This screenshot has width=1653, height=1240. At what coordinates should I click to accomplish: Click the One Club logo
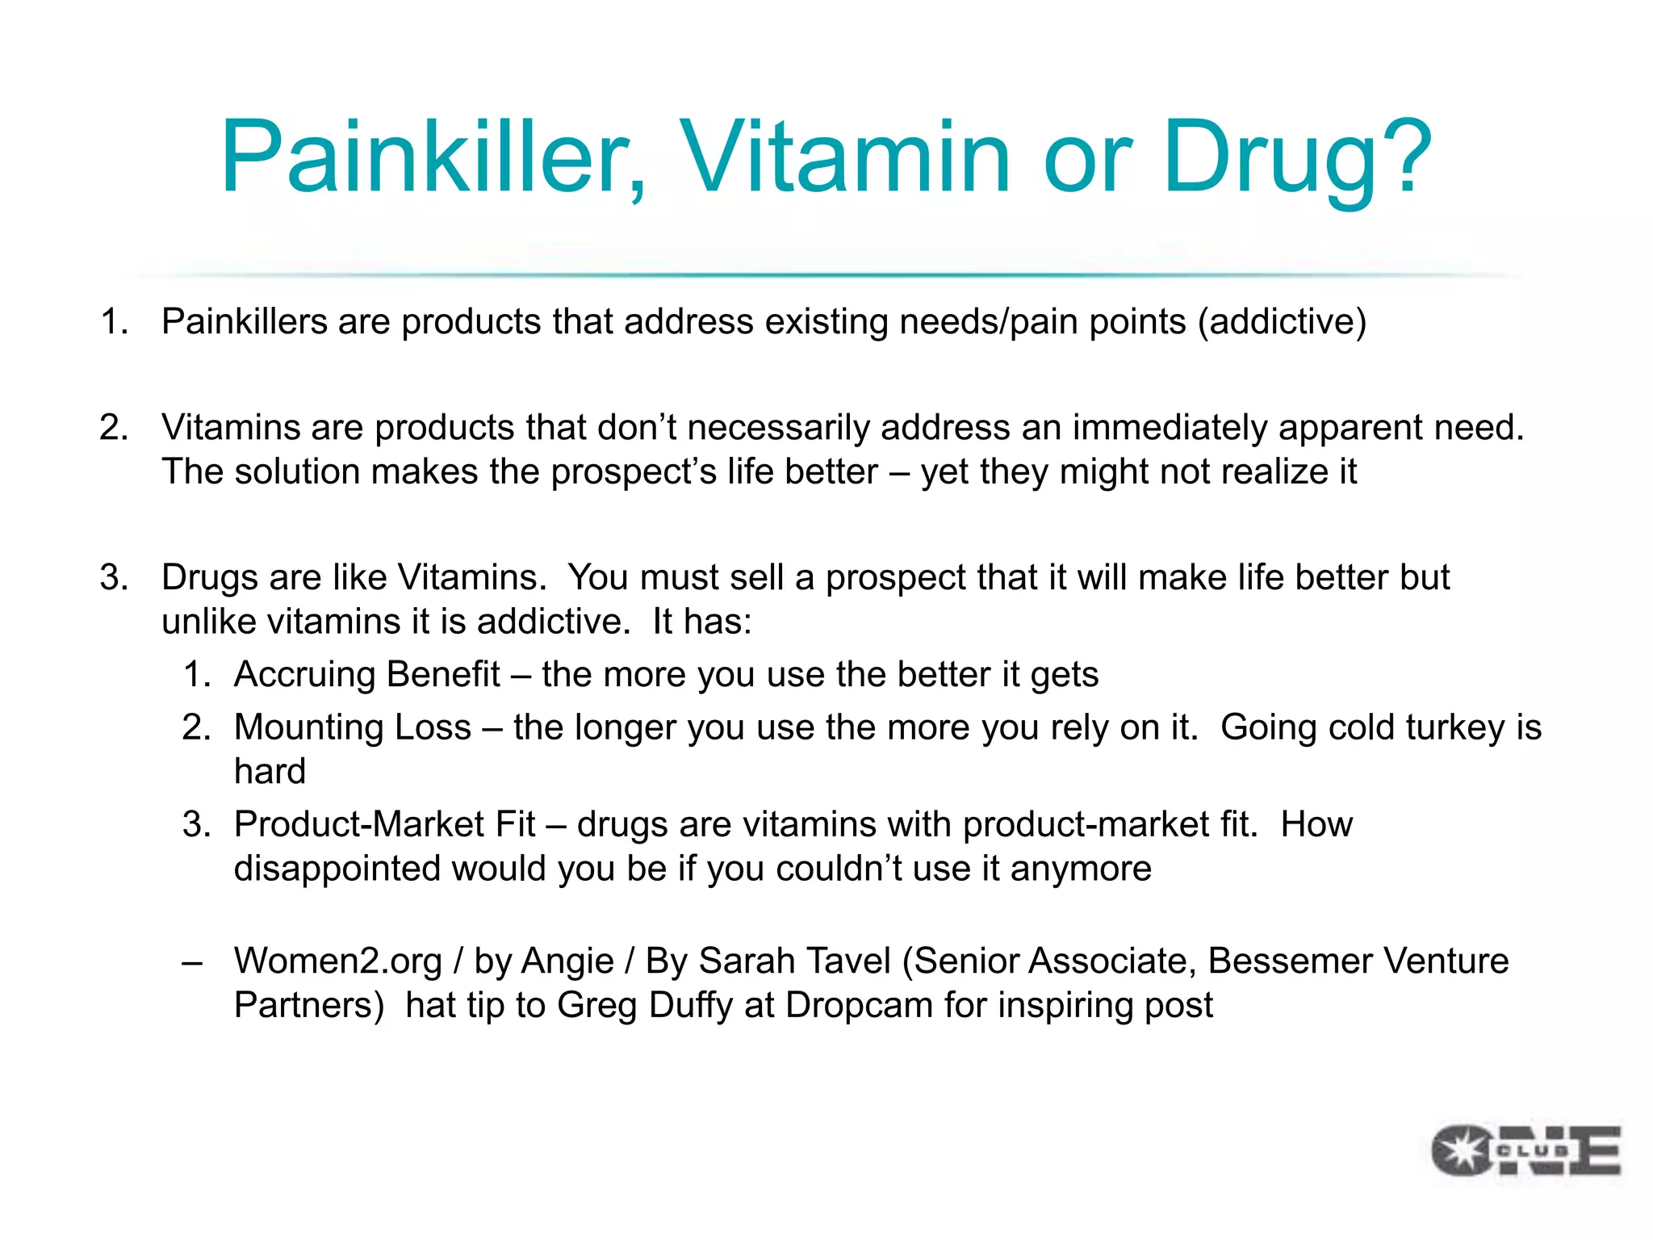[x=1525, y=1150]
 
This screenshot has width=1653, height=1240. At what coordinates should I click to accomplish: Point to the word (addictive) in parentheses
[x=1282, y=321]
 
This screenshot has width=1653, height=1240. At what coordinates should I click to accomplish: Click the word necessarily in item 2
[x=779, y=428]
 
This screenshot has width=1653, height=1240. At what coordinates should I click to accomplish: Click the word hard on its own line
[x=270, y=772]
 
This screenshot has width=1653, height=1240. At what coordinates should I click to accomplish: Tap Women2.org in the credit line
[x=337, y=961]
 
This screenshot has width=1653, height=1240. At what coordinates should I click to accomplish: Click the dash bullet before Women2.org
[x=192, y=961]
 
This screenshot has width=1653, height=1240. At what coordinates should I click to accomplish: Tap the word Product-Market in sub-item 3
[x=384, y=825]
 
